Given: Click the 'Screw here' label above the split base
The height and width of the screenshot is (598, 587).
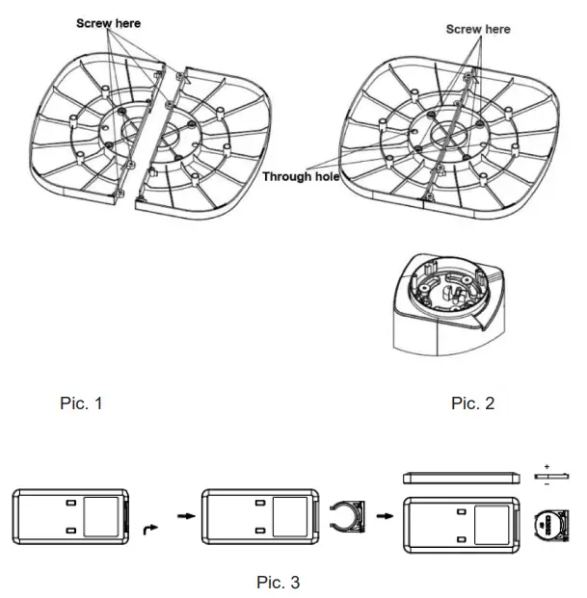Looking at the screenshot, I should [x=108, y=22].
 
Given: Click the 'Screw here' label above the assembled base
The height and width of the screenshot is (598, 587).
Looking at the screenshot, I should [x=478, y=29].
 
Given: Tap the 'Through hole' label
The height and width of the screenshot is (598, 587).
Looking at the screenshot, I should [x=300, y=177].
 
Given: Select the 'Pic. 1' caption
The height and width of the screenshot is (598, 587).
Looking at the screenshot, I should [x=81, y=403].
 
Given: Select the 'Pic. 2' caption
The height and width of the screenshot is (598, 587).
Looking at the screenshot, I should [x=472, y=403].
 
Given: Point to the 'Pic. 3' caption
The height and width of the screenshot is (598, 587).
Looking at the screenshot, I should [x=278, y=582].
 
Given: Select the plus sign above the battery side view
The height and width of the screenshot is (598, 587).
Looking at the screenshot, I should [x=547, y=466].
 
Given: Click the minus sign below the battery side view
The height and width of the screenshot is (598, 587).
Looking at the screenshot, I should [x=547, y=485].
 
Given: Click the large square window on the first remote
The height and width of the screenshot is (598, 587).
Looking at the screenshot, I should [x=101, y=515].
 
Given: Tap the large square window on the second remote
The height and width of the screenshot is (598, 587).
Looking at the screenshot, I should [x=290, y=515].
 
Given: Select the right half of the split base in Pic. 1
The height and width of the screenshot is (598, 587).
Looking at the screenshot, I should [x=207, y=140].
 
